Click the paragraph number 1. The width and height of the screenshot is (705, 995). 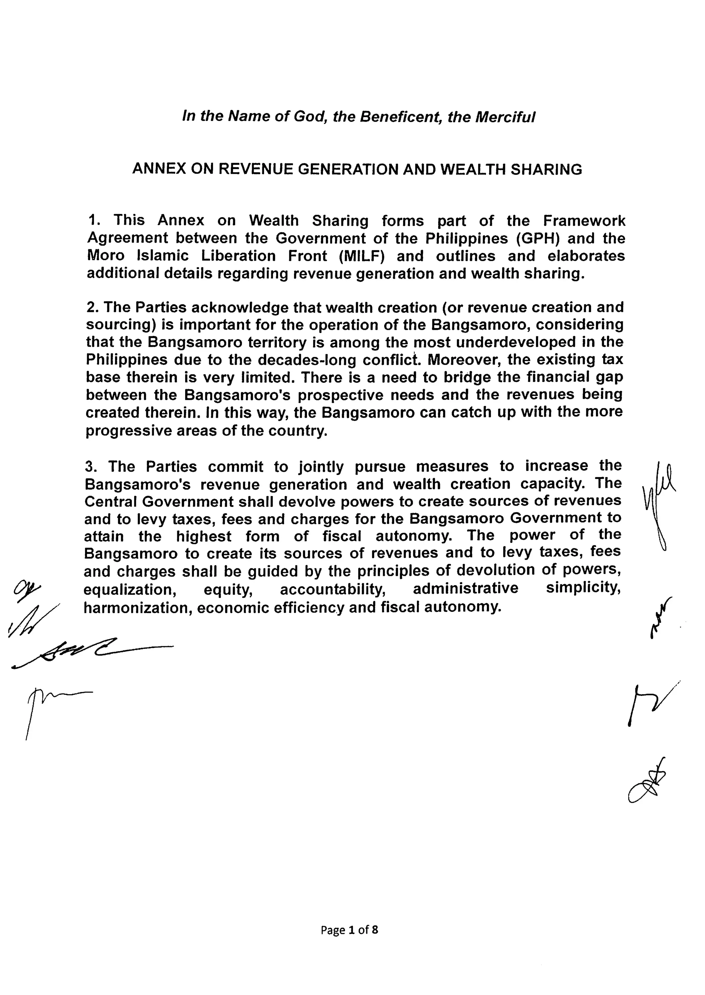pyautogui.click(x=94, y=221)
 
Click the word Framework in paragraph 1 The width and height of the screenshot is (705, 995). pyautogui.click(x=584, y=221)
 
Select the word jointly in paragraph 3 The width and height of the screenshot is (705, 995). pyautogui.click(x=321, y=467)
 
